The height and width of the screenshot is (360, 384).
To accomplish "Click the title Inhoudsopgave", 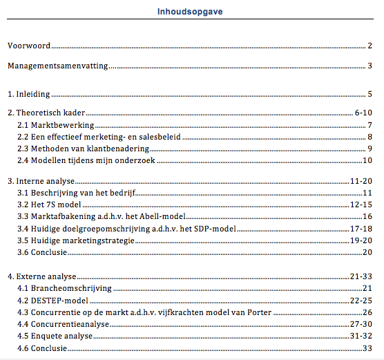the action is [190, 11].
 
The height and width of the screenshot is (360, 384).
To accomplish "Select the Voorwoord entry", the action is [28, 46].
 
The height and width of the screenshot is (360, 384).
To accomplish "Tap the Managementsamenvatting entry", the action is [57, 66].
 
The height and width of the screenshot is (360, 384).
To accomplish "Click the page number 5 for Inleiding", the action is [370, 94].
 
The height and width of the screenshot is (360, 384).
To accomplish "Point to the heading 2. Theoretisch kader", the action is [46, 112].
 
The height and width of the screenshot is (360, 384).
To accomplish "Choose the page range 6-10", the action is [363, 112].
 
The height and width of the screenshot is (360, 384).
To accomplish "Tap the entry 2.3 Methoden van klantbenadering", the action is [84, 149].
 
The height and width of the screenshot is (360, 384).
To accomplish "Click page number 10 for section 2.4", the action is [367, 161].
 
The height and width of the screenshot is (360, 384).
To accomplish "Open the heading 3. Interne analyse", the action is [41, 180].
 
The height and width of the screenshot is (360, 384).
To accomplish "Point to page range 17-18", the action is [362, 229].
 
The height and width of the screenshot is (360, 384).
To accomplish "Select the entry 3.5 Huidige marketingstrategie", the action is [75, 240].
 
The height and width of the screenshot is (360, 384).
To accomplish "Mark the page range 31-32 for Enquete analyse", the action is [362, 337].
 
